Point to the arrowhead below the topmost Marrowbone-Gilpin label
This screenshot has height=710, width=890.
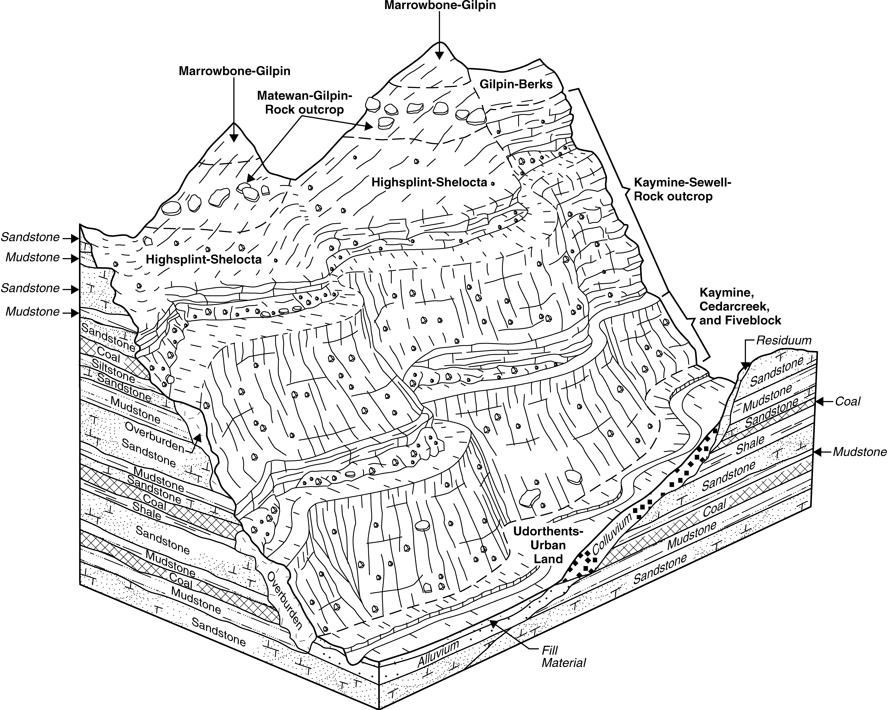[440, 55]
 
